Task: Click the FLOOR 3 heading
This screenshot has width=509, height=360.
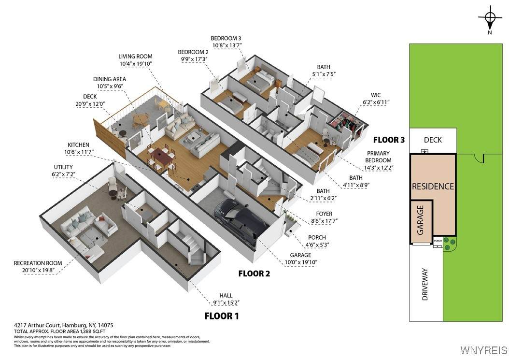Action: click(389, 140)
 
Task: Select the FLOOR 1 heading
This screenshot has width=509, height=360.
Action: click(222, 316)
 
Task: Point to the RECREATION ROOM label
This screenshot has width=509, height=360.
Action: click(38, 263)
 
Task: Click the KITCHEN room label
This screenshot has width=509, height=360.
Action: click(78, 145)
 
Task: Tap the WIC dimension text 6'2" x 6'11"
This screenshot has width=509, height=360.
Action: click(376, 102)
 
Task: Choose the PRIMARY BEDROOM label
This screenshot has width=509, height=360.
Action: click(378, 157)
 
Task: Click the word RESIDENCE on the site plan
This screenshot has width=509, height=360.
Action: click(433, 187)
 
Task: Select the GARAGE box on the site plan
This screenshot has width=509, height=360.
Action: click(421, 222)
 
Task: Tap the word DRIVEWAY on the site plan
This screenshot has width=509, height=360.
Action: click(425, 284)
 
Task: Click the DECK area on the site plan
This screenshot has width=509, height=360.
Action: click(433, 140)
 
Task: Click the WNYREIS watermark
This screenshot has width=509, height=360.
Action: click(483, 350)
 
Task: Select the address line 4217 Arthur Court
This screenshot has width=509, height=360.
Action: click(64, 325)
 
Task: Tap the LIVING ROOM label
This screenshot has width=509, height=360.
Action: click(135, 57)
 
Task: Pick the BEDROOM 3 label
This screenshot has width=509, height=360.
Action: click(226, 38)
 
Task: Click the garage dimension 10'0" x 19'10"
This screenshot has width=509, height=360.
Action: click(300, 262)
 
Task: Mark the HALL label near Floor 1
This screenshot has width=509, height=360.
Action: click(226, 296)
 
